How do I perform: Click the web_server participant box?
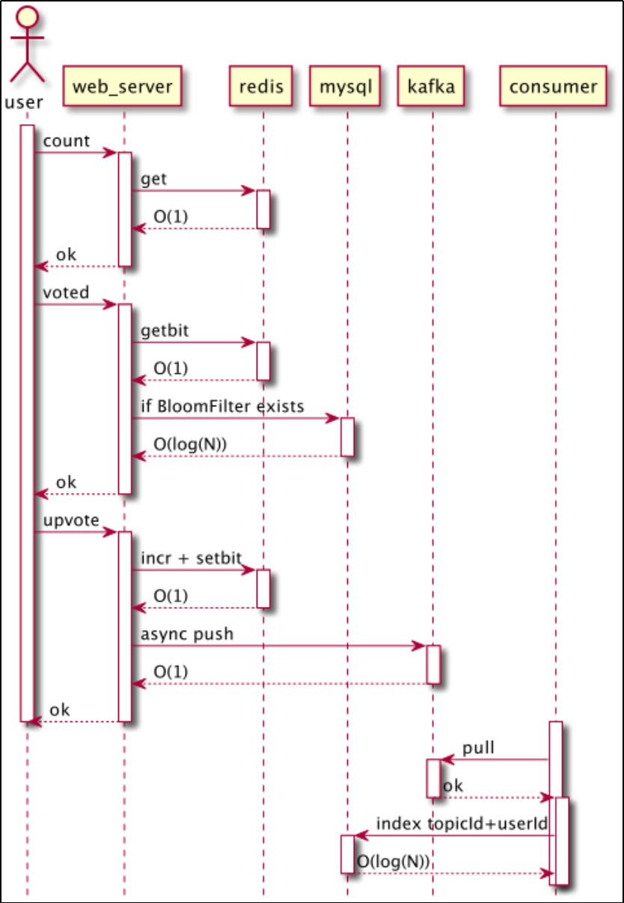[x=123, y=87]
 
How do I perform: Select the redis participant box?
[x=261, y=87]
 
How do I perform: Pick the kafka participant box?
[x=431, y=87]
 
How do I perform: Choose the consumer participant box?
[x=554, y=87]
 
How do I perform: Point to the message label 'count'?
[x=67, y=141]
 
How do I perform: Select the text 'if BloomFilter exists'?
[x=222, y=406]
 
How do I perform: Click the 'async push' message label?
[x=187, y=634]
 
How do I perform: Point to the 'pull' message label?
[x=478, y=747]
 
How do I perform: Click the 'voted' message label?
[x=66, y=292]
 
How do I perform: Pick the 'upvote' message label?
[x=71, y=520]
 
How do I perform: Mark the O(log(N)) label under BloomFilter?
[x=190, y=444]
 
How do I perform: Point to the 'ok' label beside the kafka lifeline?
[x=453, y=786]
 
